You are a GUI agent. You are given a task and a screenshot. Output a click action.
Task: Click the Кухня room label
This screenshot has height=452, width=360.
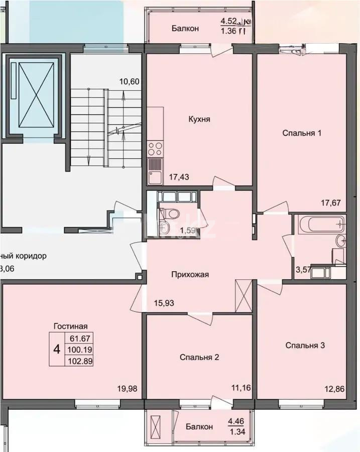point(199,120)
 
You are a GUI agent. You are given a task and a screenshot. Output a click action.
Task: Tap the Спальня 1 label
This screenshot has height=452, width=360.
point(301,133)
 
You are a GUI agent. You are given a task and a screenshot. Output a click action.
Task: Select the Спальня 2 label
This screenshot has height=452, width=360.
point(199,357)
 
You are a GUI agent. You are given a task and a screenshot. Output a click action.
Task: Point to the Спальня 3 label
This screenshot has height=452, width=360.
point(305,345)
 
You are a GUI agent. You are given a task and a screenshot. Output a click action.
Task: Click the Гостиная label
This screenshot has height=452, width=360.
point(71,325)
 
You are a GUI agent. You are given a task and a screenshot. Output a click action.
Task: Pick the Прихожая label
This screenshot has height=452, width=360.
point(190,274)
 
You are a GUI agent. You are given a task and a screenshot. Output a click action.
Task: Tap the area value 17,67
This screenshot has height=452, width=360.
point(330,203)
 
